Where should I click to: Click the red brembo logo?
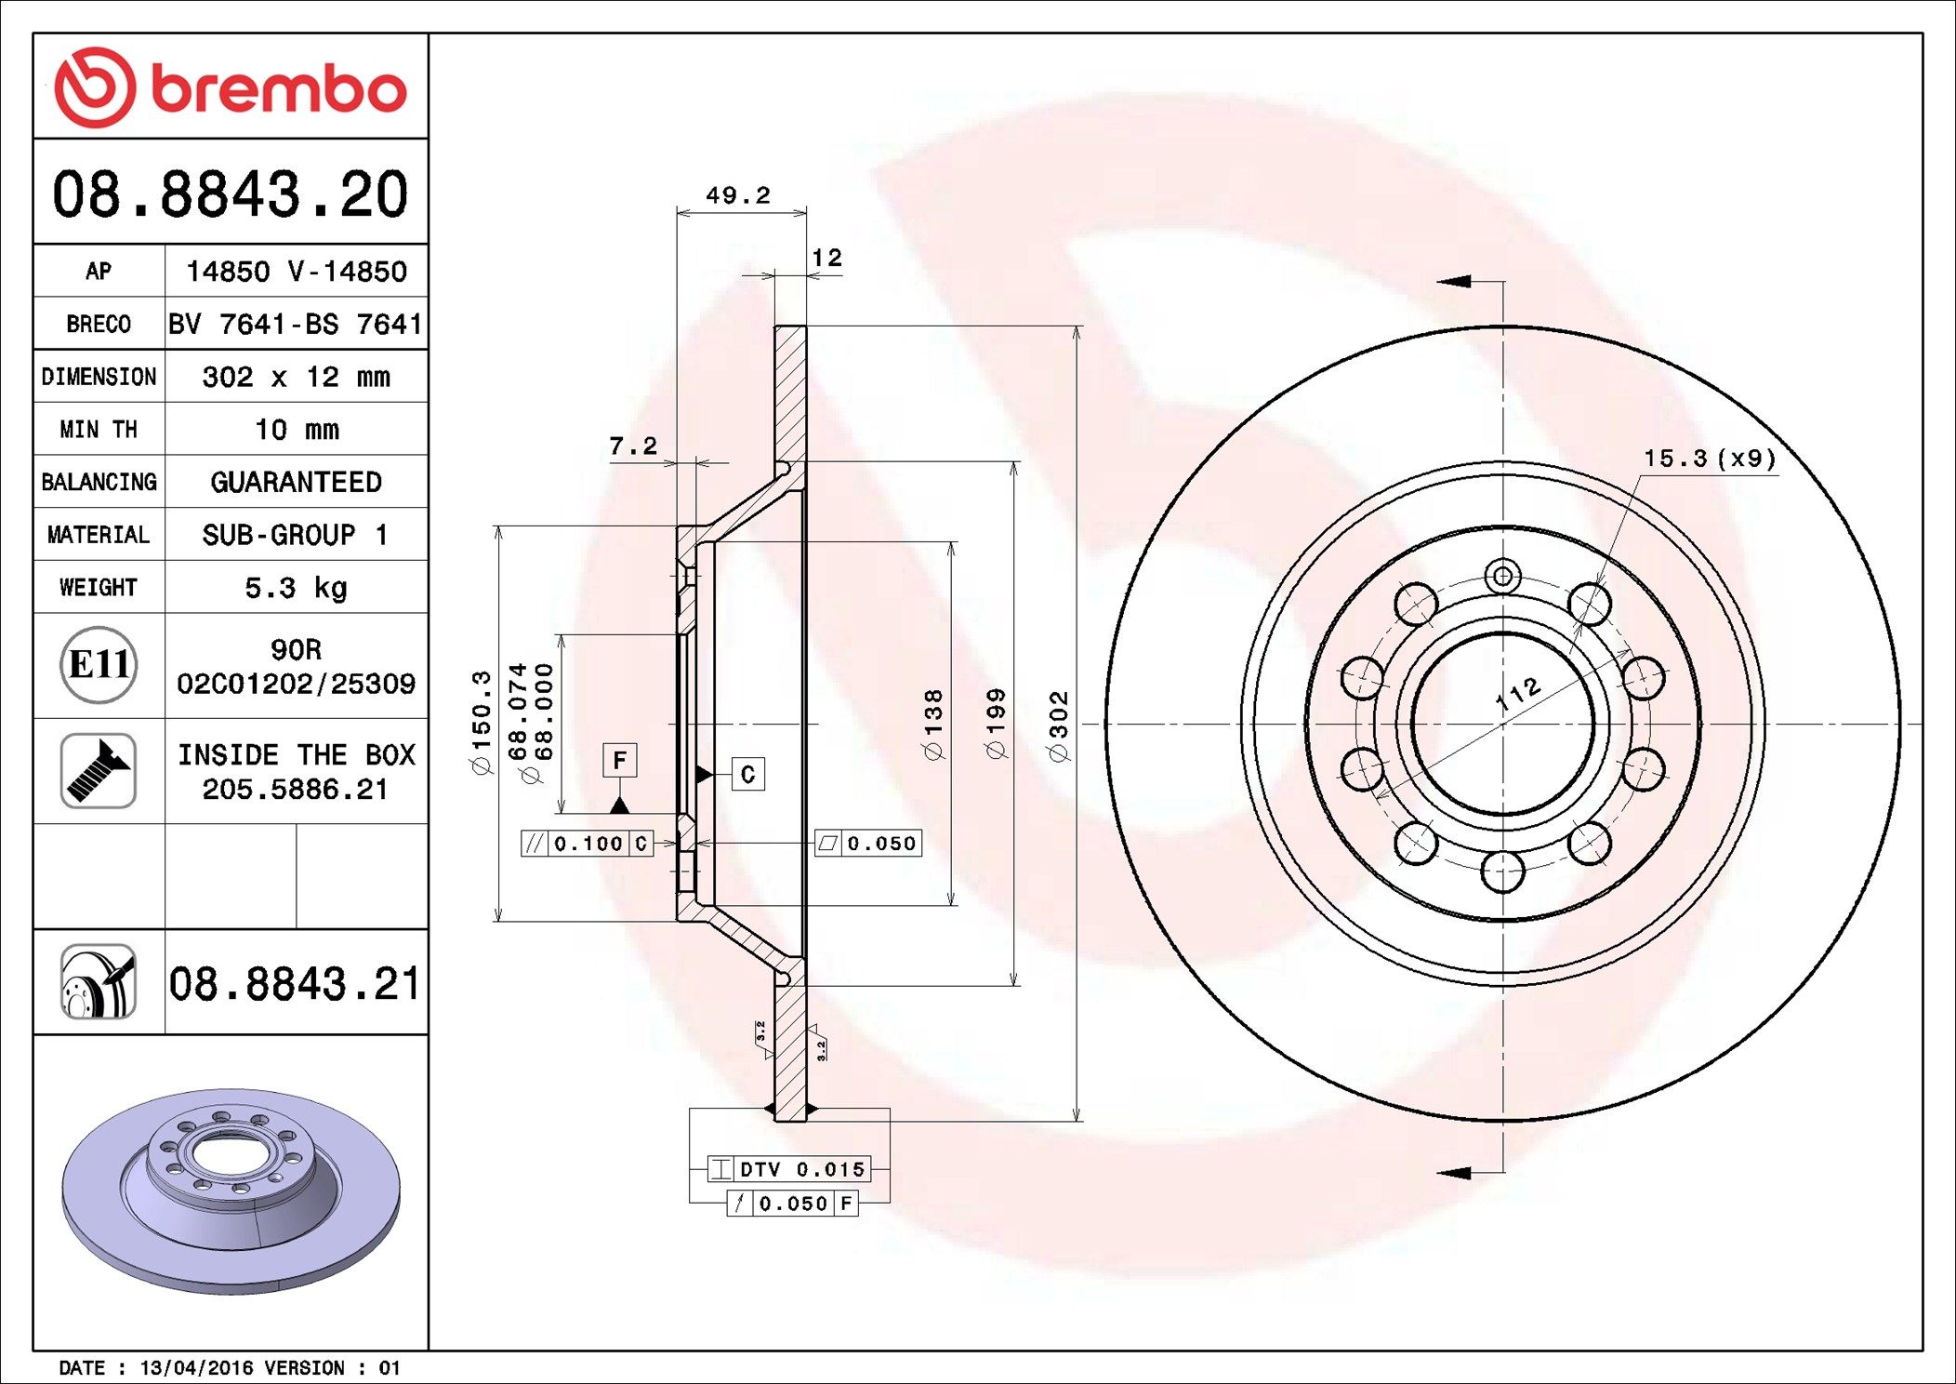coord(230,87)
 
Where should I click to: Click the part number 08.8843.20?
coord(230,194)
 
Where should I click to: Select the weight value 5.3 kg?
coord(296,588)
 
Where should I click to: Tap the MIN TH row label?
coord(99,430)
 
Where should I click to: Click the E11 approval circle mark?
coord(99,665)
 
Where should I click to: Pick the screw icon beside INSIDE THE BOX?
coord(99,771)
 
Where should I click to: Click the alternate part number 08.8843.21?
coord(295,984)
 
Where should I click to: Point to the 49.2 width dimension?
coord(738,195)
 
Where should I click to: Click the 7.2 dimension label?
coord(632,446)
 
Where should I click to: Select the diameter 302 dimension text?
coord(1059,726)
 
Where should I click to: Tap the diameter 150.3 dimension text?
coord(481,722)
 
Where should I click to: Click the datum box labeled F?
coord(620,761)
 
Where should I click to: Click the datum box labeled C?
coord(748,774)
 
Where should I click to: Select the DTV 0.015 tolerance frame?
coord(790,1169)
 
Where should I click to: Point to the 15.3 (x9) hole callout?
coord(1709,459)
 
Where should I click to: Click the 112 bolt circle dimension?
coord(1518,694)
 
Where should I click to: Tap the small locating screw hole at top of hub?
coord(1502,576)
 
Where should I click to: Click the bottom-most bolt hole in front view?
coord(1502,872)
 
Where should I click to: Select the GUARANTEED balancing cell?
coord(296,482)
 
